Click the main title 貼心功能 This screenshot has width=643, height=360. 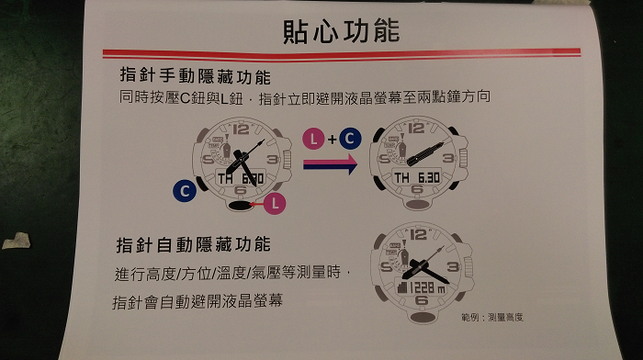pos(341,31)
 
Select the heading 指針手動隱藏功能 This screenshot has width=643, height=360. pos(195,76)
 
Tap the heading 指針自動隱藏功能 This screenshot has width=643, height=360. pos(193,244)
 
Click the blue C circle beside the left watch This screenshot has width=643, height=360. pos(185,191)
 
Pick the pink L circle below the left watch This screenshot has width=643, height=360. pos(275,203)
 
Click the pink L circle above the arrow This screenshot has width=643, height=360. pos(314,139)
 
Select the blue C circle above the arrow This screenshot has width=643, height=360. pos(350,138)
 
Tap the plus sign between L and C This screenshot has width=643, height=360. pos(332,140)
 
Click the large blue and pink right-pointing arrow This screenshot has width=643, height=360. pos(330,164)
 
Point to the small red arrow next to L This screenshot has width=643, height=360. pos(256,204)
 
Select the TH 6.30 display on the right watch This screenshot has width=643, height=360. pos(417,177)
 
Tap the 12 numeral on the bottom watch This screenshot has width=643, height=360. pos(418,234)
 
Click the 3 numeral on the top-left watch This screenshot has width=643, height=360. pos(273,159)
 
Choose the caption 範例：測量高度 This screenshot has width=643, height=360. pos(491,317)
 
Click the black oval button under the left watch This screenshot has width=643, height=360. pos(239,206)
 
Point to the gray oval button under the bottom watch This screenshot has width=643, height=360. pos(423,317)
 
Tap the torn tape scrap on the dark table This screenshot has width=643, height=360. pos(17,241)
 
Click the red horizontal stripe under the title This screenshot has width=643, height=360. pos(341,53)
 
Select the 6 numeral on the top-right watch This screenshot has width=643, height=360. pos(417,189)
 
